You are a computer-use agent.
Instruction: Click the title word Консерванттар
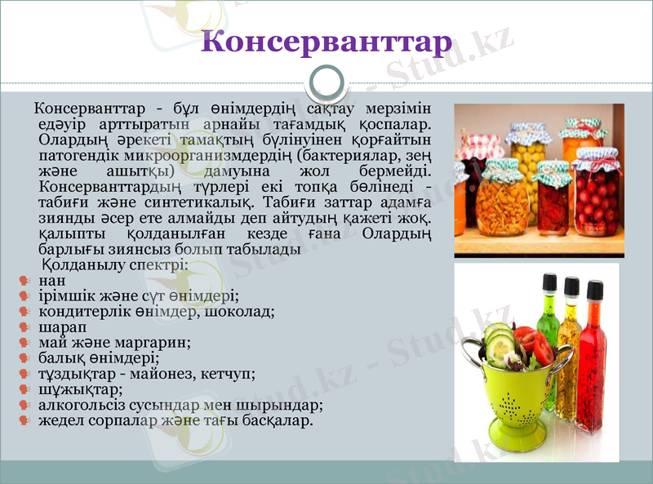(326, 41)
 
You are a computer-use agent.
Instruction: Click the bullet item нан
(51, 281)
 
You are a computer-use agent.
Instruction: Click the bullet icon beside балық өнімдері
(24, 358)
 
